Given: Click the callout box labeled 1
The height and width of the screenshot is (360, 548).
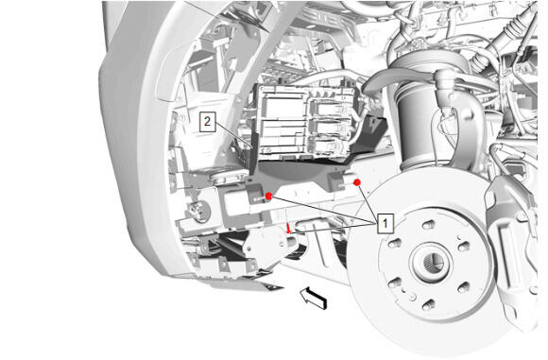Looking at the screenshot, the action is [385, 223].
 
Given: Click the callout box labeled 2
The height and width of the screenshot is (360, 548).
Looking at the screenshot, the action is [207, 122].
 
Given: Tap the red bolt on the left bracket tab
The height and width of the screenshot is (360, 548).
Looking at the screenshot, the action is [268, 197].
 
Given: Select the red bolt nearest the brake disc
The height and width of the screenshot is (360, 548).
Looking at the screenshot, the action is [357, 182].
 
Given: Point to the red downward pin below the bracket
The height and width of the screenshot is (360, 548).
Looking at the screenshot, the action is [289, 229].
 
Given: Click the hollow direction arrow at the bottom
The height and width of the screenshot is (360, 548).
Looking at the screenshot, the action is [314, 299].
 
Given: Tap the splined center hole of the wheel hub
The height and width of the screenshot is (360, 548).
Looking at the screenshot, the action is [434, 262].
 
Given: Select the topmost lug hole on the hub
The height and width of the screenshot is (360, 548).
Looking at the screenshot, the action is [428, 224].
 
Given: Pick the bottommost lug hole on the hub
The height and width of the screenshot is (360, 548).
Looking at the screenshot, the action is [428, 305].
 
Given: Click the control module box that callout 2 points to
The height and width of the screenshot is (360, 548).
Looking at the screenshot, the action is [306, 121].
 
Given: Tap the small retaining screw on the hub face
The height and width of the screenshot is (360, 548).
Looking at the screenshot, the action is [414, 297].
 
